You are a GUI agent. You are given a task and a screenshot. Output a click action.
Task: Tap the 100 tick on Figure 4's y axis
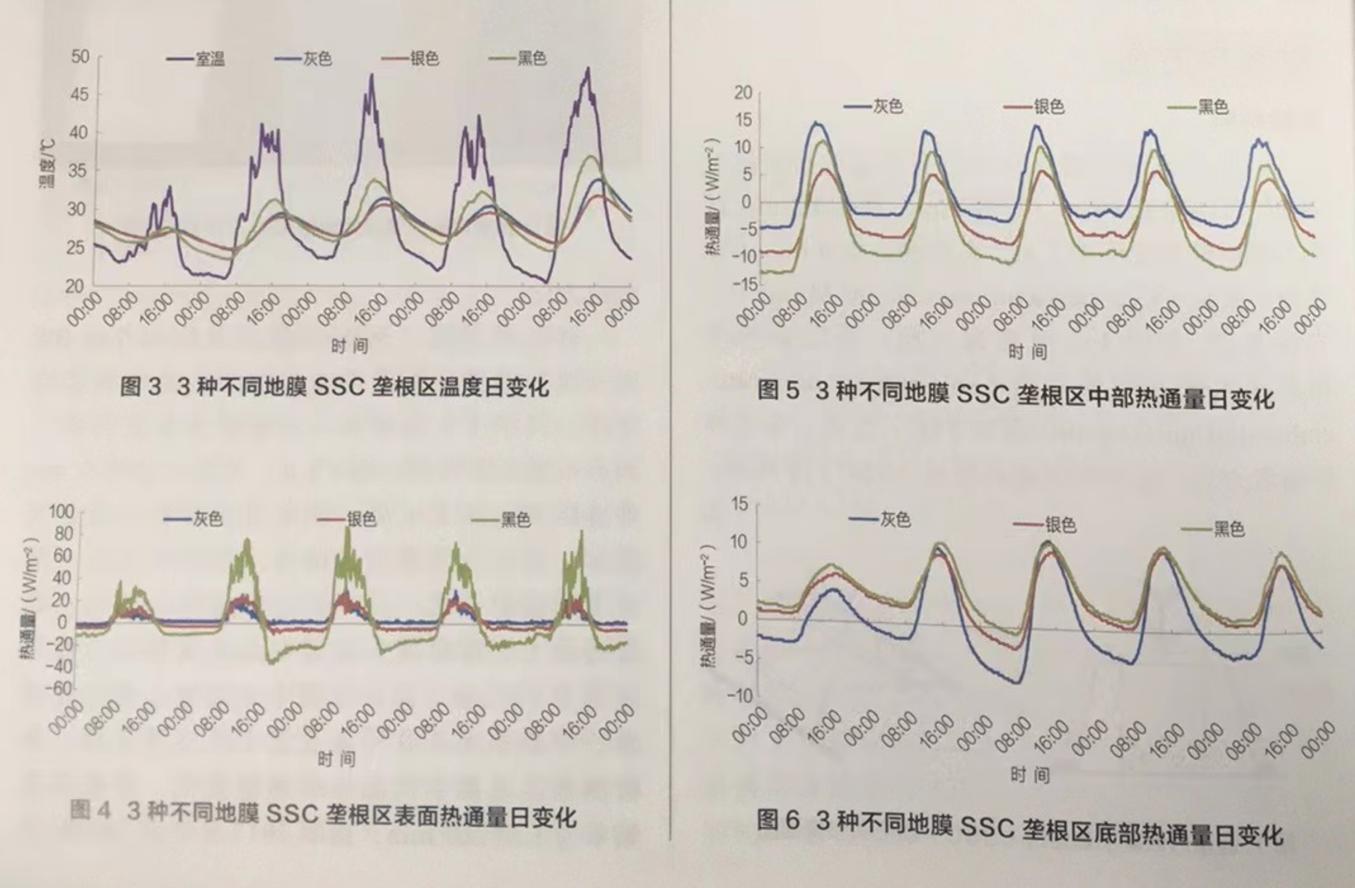tap(61, 512)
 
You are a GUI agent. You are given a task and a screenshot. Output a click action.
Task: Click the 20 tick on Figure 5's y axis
tap(743, 92)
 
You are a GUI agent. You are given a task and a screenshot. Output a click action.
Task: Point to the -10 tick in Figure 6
tap(740, 695)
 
